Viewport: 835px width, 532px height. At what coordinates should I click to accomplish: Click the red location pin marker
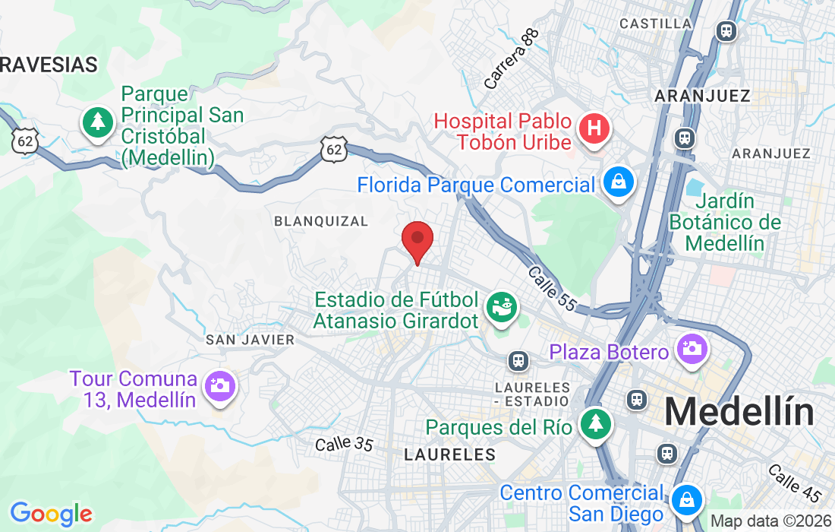tap(417, 240)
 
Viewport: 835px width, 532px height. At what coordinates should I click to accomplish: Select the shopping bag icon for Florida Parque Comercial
tap(619, 182)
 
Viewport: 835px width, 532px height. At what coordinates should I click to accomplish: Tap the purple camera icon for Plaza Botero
tap(692, 350)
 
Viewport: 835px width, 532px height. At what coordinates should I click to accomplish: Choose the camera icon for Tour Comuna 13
tap(220, 385)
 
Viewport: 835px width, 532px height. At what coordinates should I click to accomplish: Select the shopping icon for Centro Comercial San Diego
tap(687, 499)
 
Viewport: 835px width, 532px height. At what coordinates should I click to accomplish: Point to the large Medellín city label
tap(739, 413)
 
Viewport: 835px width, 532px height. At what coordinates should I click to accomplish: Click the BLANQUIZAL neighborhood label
tap(321, 221)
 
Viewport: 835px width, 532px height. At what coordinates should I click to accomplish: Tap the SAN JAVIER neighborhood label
tap(250, 340)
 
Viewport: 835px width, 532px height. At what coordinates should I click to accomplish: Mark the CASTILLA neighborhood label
tap(655, 24)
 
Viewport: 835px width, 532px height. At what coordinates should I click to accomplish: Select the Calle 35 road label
tap(345, 443)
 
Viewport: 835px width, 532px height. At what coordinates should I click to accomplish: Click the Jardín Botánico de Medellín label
tap(724, 222)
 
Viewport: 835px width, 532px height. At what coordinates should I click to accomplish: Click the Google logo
tap(51, 514)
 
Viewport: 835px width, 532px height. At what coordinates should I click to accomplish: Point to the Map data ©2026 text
tap(770, 521)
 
